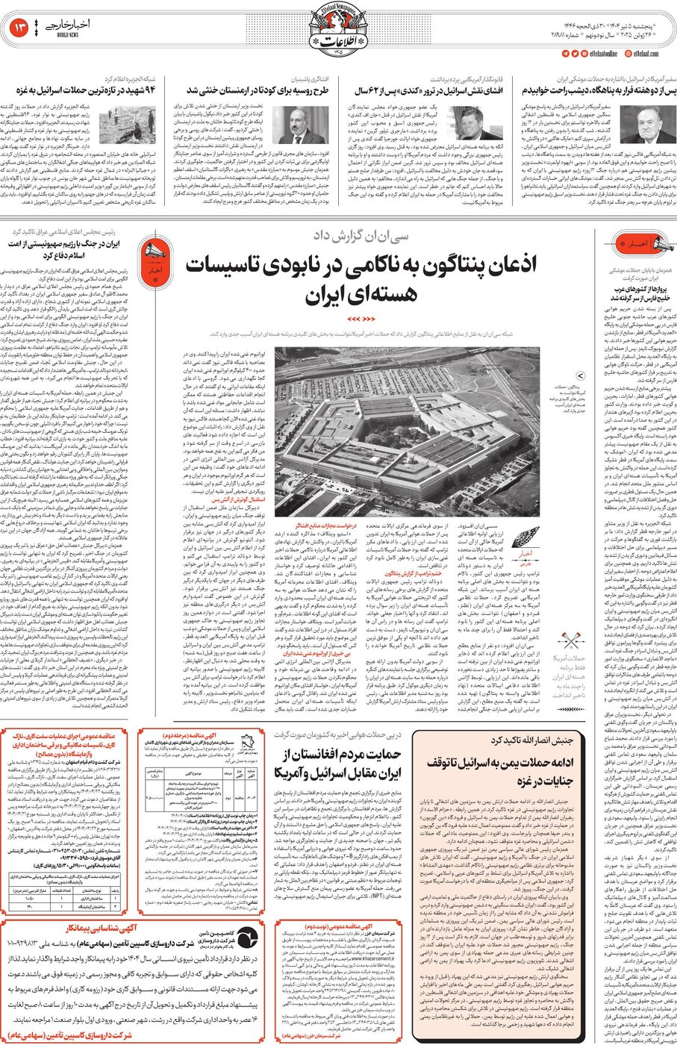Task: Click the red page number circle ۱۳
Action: click(x=19, y=28)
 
